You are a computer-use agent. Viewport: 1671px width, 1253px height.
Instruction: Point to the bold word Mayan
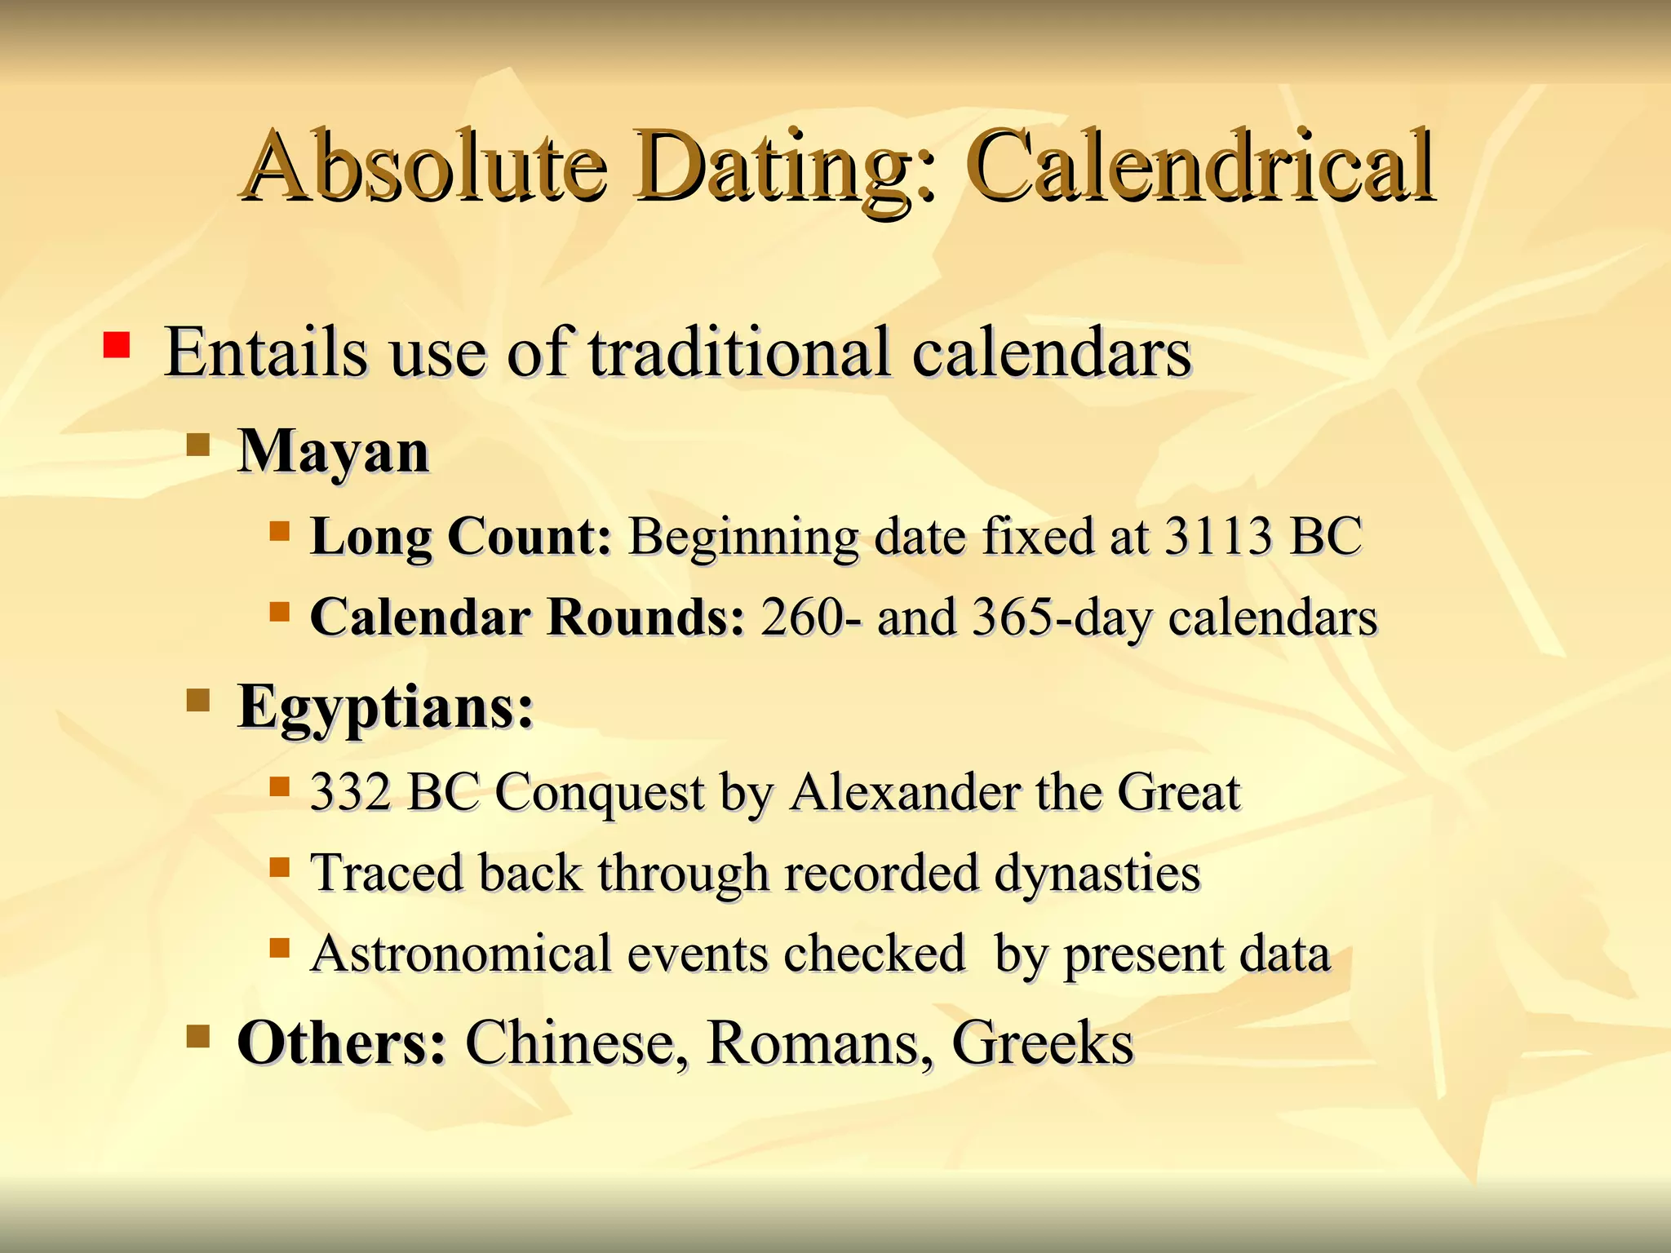[333, 451]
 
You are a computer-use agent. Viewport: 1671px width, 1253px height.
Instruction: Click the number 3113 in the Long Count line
[1217, 537]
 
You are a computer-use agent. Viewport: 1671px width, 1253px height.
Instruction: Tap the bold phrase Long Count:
[461, 538]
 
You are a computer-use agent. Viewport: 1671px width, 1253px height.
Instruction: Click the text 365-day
[1062, 618]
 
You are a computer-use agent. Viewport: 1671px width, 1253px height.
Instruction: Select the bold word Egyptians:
[385, 706]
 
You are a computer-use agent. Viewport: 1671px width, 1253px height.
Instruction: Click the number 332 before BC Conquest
[351, 791]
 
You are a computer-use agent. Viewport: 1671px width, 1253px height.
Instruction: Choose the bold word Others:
[341, 1043]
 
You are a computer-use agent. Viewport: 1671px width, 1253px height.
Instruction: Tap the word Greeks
[1043, 1043]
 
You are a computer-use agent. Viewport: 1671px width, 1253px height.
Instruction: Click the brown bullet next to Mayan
[198, 445]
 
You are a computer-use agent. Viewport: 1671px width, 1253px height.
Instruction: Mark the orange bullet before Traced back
[280, 866]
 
